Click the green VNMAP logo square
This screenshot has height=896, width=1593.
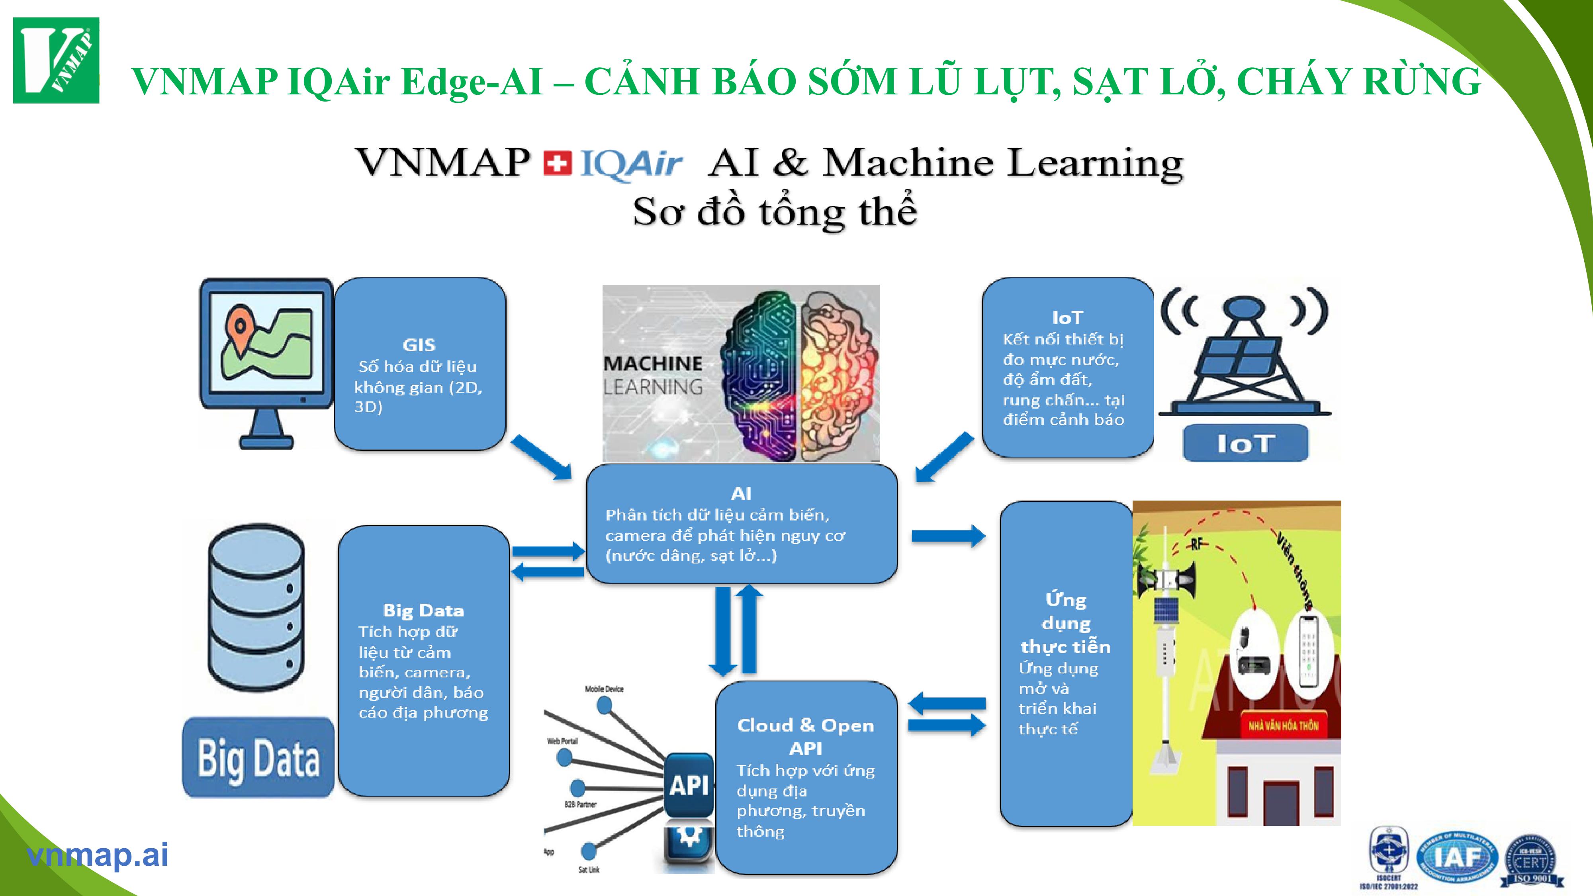[56, 60]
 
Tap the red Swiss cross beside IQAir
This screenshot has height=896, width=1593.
[557, 164]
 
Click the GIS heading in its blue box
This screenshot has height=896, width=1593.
[419, 344]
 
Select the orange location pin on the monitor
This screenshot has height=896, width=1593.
[239, 328]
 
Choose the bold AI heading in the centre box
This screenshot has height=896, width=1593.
[741, 493]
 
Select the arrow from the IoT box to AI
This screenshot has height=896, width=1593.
[944, 457]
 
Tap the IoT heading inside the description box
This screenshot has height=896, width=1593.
[1067, 317]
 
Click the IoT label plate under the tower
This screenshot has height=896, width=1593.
[1245, 443]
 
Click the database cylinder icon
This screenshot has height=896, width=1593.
[256, 607]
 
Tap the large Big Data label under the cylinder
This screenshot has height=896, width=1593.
[258, 758]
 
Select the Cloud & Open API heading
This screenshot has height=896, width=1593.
[805, 736]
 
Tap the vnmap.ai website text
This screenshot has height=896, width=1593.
[97, 855]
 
